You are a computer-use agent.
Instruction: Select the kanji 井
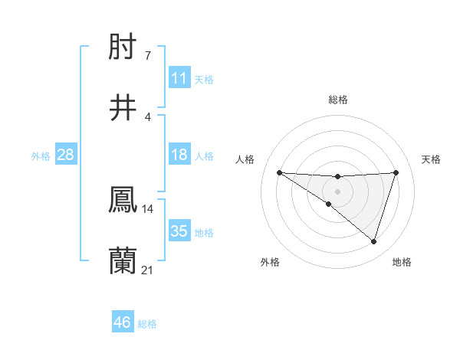123,108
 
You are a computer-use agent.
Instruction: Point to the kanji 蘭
123,260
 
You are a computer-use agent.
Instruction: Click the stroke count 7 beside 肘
148,56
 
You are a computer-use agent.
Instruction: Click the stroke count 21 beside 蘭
148,269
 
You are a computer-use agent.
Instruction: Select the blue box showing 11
179,78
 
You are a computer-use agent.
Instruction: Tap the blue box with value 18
179,155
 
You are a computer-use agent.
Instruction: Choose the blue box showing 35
179,231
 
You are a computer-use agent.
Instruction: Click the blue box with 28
66,155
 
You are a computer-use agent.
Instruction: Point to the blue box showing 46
123,322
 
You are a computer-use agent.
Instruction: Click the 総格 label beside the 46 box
147,324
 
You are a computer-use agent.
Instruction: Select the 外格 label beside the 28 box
41,156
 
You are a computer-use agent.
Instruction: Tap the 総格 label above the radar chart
338,100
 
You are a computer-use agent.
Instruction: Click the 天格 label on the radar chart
432,159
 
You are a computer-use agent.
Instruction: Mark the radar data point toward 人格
279,172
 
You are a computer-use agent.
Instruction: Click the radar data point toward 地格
373,241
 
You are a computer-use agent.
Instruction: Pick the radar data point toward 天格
396,172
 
